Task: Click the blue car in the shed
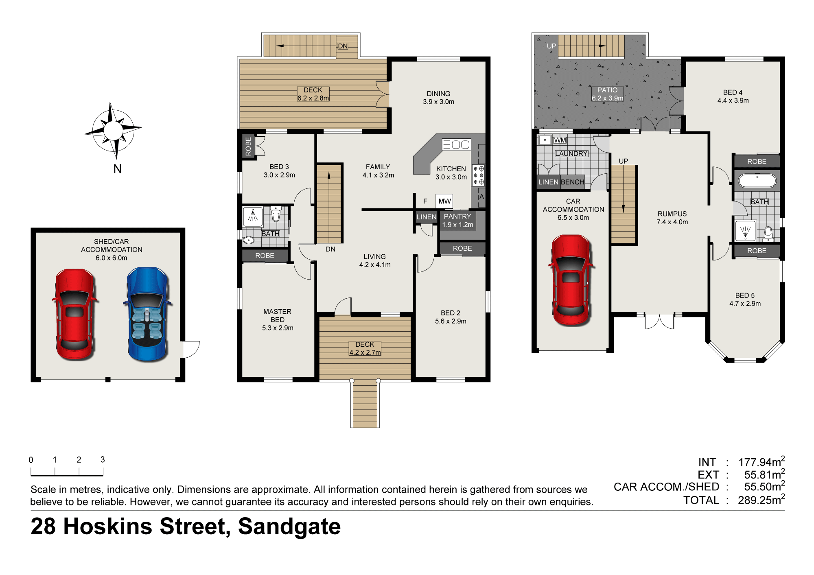click(147, 314)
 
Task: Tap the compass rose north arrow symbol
click(113, 130)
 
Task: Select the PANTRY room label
click(457, 216)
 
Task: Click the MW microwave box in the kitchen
click(444, 201)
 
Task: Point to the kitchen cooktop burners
click(478, 175)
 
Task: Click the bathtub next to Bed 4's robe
click(757, 180)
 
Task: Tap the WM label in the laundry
click(560, 140)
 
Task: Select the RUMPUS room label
click(672, 214)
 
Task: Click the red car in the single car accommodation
click(571, 280)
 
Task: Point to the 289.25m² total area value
click(761, 500)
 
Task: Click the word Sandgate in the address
click(289, 527)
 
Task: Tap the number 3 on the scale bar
click(103, 459)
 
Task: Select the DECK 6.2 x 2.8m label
click(313, 94)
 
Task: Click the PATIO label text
click(607, 90)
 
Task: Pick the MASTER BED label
click(277, 315)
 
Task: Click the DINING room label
click(438, 94)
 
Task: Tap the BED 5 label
click(745, 295)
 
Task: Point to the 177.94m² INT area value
click(761, 462)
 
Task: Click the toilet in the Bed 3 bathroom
click(276, 214)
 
